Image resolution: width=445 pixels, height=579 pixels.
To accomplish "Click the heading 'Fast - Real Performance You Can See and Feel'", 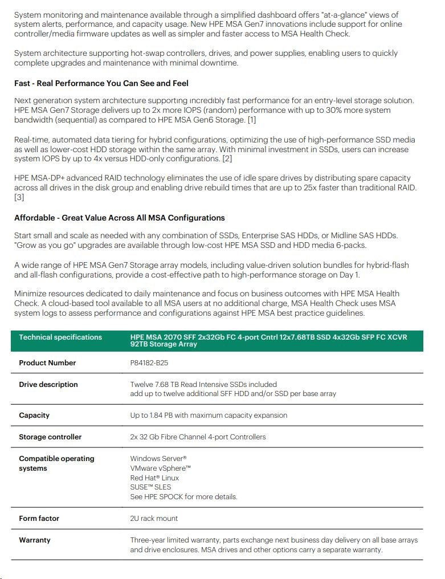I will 101,83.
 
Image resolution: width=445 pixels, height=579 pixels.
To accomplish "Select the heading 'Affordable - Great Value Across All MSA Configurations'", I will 120,218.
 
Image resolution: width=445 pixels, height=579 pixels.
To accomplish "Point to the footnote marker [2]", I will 227,158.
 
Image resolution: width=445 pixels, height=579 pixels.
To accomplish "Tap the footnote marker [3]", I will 19,197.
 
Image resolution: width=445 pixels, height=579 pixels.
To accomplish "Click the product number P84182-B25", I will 149,363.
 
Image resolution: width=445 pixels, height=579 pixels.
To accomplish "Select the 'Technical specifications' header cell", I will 60,337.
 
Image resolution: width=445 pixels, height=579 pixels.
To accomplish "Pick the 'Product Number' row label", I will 47,363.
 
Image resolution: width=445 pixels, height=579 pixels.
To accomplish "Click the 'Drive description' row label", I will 48,385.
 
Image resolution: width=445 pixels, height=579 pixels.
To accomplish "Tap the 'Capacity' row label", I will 34,415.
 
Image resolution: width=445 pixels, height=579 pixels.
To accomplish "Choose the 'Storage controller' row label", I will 50,437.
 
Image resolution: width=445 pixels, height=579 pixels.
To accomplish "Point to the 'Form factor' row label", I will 39,519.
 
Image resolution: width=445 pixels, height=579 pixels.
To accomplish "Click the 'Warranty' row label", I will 35,540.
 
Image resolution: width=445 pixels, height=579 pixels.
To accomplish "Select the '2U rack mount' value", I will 154,519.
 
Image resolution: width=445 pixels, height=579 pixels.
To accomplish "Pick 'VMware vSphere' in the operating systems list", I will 161,468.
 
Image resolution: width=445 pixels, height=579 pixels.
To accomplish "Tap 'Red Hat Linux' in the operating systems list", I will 154,478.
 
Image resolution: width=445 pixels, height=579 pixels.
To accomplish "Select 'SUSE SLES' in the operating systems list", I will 150,487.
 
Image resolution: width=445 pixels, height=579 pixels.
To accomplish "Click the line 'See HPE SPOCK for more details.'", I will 183,497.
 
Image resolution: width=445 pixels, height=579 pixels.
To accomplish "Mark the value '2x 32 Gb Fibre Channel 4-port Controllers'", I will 198,437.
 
